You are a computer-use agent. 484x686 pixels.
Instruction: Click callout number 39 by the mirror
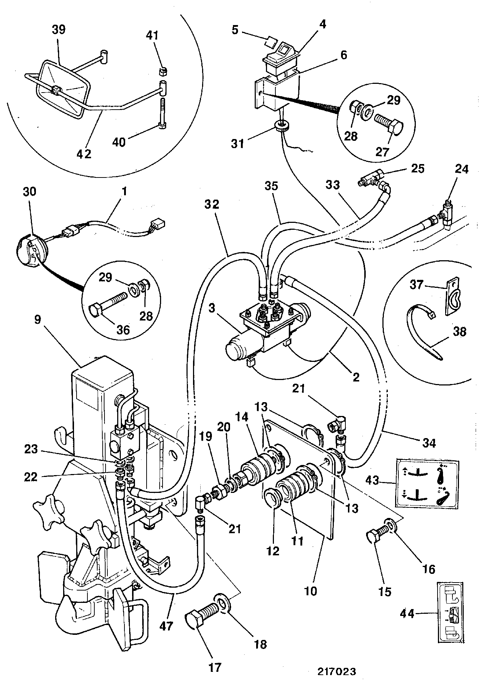click(x=58, y=29)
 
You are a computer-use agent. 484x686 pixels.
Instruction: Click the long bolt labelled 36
click(x=108, y=302)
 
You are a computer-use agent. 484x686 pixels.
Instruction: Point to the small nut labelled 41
click(x=163, y=70)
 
